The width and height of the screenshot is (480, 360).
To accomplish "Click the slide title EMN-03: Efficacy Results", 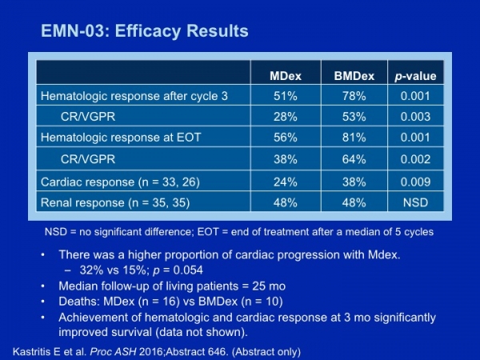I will coord(145,31).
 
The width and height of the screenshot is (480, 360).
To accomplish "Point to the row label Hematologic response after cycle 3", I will coord(134,96).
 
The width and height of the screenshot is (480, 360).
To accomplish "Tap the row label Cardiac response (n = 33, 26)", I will coord(120,182).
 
